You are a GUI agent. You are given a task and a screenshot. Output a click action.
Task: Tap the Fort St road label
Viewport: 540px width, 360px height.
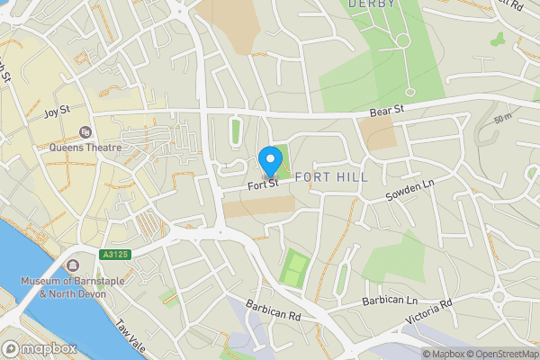point(264,186)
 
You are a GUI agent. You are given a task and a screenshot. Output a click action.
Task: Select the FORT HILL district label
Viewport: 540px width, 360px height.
point(331,177)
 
